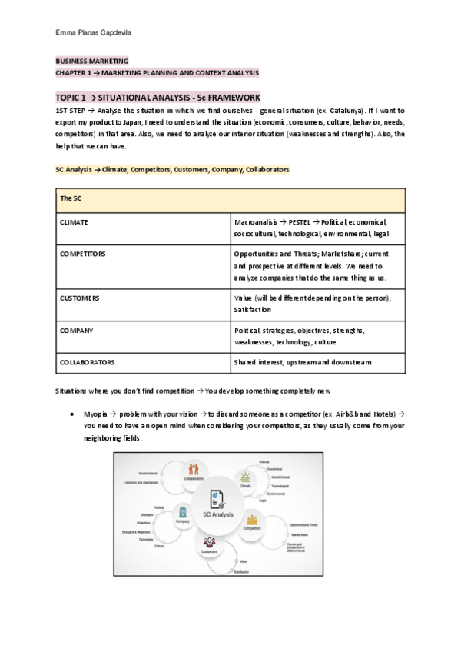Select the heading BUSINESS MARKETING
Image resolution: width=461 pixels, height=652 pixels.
(x=91, y=61)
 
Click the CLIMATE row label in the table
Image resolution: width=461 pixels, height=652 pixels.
(x=74, y=221)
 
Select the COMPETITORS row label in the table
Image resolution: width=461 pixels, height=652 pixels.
(x=82, y=253)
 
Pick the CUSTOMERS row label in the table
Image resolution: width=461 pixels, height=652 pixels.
(x=79, y=297)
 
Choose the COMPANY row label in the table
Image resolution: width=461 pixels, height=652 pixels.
(x=76, y=330)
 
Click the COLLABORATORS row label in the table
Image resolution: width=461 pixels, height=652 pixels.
(x=87, y=361)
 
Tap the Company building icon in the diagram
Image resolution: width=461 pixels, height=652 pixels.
(x=182, y=511)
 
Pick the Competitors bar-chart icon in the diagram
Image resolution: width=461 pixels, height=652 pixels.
(x=252, y=521)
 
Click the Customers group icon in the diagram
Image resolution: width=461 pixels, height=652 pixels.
(x=210, y=543)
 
